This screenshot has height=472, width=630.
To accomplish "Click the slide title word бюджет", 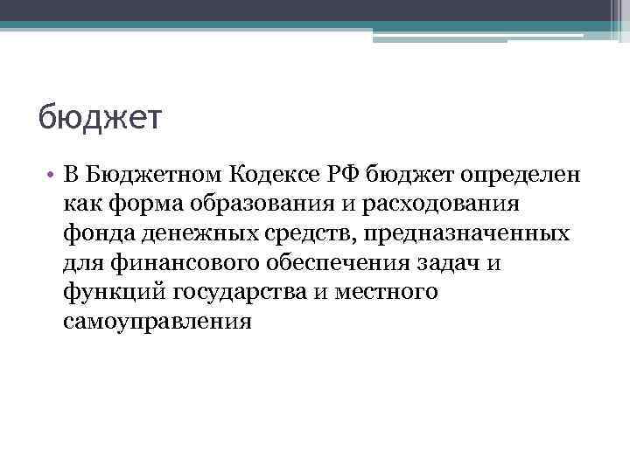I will pos(101,117).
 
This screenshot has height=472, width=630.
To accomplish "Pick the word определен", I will pos(522,175).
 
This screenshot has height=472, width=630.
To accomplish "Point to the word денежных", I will pos(187,233).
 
